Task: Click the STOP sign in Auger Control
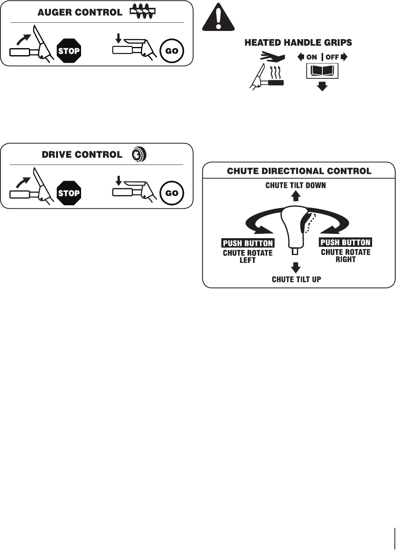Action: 69,51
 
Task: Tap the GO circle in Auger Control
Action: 172,51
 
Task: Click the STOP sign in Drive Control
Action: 69,193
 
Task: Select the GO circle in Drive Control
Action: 172,193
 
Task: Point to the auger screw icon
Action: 143,11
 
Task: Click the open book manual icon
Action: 322,71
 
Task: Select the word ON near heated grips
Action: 311,57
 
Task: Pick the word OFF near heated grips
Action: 332,57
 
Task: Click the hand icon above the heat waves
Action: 273,57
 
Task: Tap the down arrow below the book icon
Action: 322,86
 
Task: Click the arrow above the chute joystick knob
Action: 296,196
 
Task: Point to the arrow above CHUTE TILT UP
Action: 296,268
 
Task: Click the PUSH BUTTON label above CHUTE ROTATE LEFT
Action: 248,243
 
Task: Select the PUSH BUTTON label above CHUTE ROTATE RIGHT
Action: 345,242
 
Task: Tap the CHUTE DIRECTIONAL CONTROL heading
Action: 299,171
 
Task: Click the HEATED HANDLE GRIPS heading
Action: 298,43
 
